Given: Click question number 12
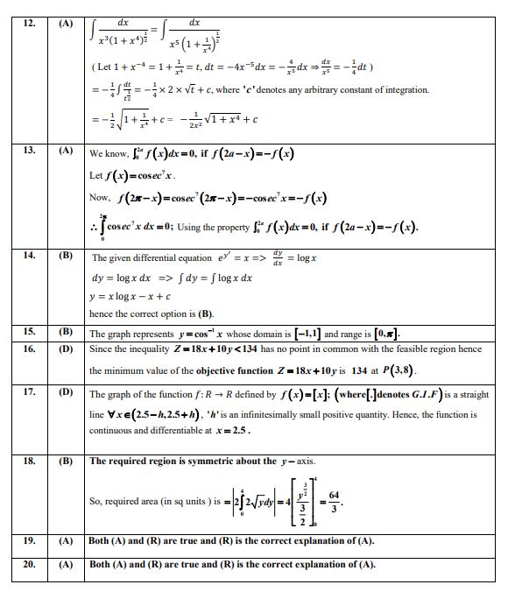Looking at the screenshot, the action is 30,24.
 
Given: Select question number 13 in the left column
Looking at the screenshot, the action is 30,151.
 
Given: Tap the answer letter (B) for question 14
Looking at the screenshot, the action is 65,255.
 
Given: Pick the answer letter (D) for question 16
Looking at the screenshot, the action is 65,349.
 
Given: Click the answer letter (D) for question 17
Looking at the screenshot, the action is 65,392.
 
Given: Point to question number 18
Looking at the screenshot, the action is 30,461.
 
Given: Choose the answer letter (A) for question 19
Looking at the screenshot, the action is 65,541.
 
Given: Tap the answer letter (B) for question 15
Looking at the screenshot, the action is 65,332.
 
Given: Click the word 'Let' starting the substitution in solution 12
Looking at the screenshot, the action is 104,67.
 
